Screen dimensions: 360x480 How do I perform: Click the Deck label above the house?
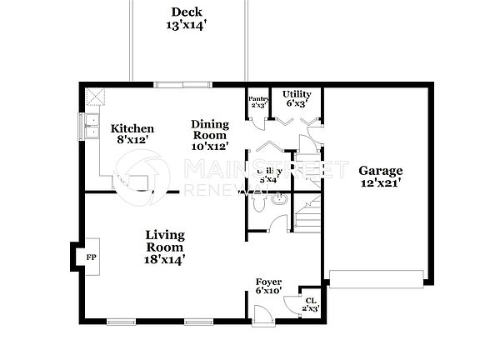(x=187, y=18)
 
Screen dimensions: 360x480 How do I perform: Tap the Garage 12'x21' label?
(x=381, y=177)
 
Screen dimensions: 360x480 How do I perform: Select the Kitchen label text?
(x=132, y=134)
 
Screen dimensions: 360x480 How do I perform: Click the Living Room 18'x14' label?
(x=165, y=247)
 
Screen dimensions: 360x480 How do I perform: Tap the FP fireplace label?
(x=91, y=258)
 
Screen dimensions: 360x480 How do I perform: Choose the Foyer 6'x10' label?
(x=269, y=286)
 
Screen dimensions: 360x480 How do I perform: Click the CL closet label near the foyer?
(x=310, y=304)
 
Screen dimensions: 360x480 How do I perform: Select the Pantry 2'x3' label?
(x=257, y=102)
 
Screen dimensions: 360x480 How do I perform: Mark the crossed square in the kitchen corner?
(x=96, y=96)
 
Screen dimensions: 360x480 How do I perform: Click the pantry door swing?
(x=261, y=122)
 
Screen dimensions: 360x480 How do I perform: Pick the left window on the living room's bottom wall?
(x=121, y=322)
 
